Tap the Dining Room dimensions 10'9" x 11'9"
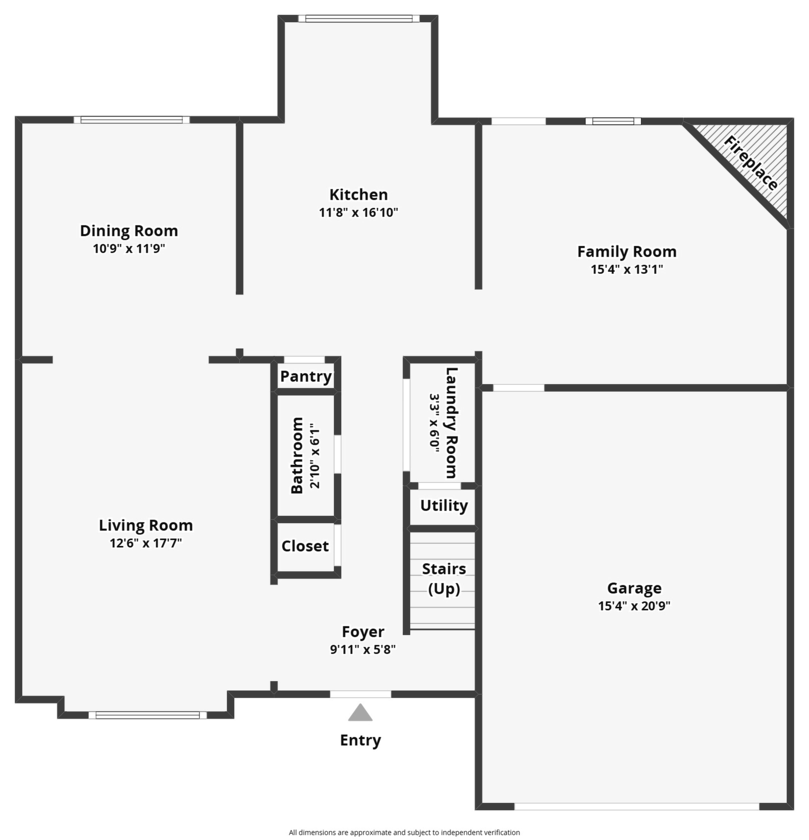[x=129, y=249]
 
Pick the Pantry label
[x=306, y=376]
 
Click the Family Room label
[x=627, y=252]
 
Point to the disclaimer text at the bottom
[x=404, y=832]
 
